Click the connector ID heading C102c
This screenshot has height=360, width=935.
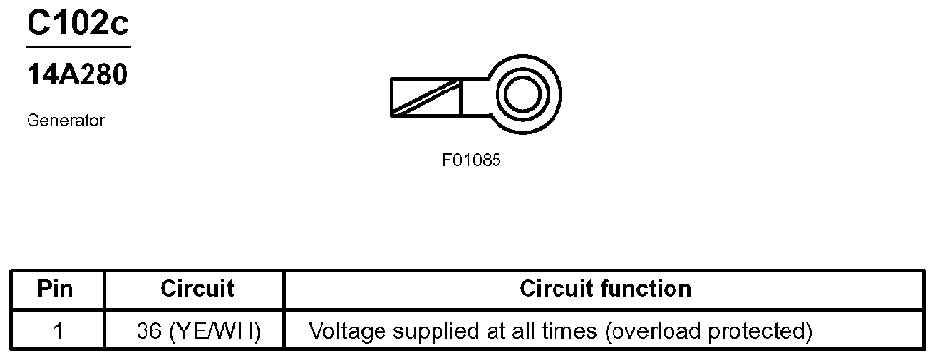click(78, 24)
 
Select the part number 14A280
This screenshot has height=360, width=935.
click(77, 75)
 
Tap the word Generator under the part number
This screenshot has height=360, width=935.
click(66, 121)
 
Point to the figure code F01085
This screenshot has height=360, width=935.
click(471, 160)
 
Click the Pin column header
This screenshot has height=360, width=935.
click(55, 289)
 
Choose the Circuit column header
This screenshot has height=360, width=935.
click(198, 289)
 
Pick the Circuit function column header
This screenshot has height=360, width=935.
click(606, 289)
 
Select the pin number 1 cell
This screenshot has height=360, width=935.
click(57, 330)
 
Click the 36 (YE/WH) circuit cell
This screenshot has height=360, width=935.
click(198, 330)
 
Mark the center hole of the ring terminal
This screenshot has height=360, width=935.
click(522, 93)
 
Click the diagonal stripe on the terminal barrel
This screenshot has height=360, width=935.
click(426, 96)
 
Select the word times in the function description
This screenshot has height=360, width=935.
click(570, 330)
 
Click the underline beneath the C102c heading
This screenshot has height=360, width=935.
click(78, 46)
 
